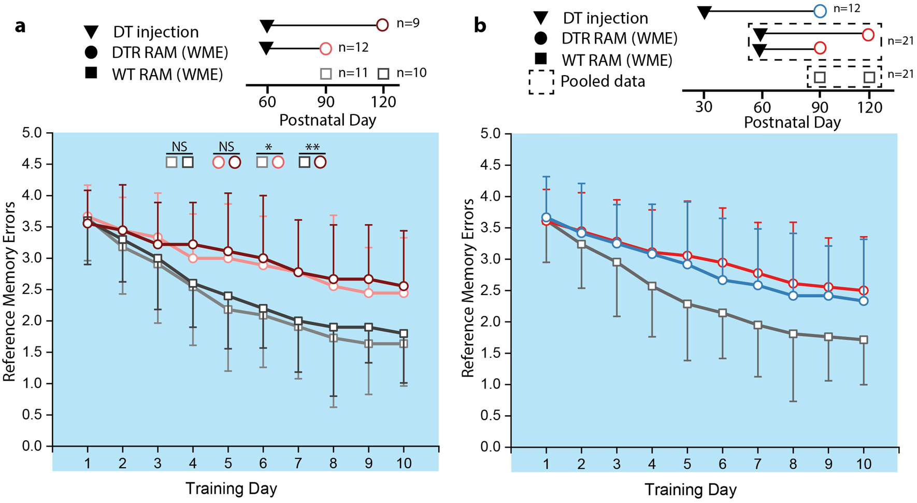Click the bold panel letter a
[20, 25]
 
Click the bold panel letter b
[480, 25]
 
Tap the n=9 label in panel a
[408, 23]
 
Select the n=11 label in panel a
[353, 73]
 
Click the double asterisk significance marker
[312, 148]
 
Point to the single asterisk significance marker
[269, 148]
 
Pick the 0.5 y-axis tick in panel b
[492, 415]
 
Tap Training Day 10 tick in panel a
[404, 463]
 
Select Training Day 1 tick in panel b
[546, 464]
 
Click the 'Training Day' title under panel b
[691, 490]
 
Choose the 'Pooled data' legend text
[603, 81]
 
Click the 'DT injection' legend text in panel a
[156, 32]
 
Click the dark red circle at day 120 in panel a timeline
[382, 25]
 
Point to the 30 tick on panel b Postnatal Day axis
[704, 107]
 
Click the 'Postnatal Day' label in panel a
[327, 120]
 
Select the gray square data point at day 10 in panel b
[864, 340]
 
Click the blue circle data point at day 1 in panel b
[546, 218]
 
